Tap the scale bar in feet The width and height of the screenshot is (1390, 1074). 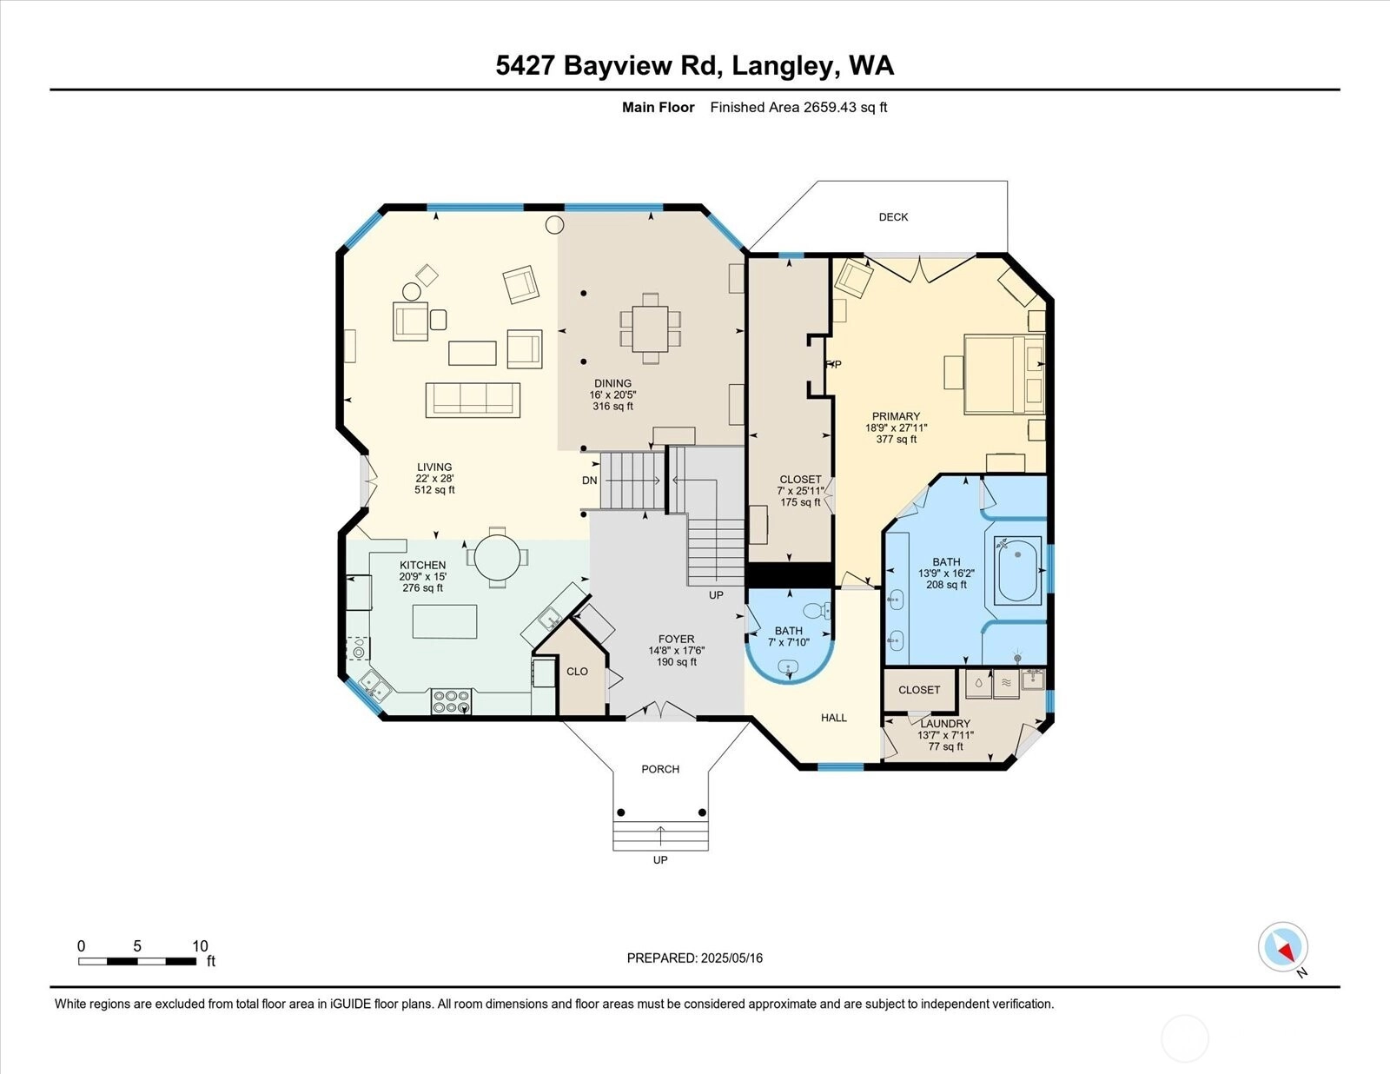(x=137, y=961)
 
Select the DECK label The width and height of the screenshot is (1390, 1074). (x=893, y=217)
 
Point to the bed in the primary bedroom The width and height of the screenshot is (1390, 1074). (x=1004, y=374)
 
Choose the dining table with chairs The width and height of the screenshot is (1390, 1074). (x=650, y=328)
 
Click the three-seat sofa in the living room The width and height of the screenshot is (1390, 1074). (x=473, y=400)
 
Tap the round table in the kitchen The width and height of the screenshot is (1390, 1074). (x=498, y=557)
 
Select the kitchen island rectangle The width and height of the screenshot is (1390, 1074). (x=445, y=621)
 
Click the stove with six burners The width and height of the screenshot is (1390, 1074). (x=452, y=701)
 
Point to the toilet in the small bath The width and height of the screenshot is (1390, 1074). (x=817, y=610)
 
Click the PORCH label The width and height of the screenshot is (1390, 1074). (x=660, y=769)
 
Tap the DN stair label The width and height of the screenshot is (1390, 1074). (x=589, y=481)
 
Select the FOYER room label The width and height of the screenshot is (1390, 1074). (x=676, y=639)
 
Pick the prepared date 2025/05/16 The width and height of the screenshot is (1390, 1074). (x=731, y=958)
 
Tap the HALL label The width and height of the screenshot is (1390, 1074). (x=833, y=718)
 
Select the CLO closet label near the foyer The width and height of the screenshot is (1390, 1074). (x=577, y=671)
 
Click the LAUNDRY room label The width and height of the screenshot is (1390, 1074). (x=945, y=724)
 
